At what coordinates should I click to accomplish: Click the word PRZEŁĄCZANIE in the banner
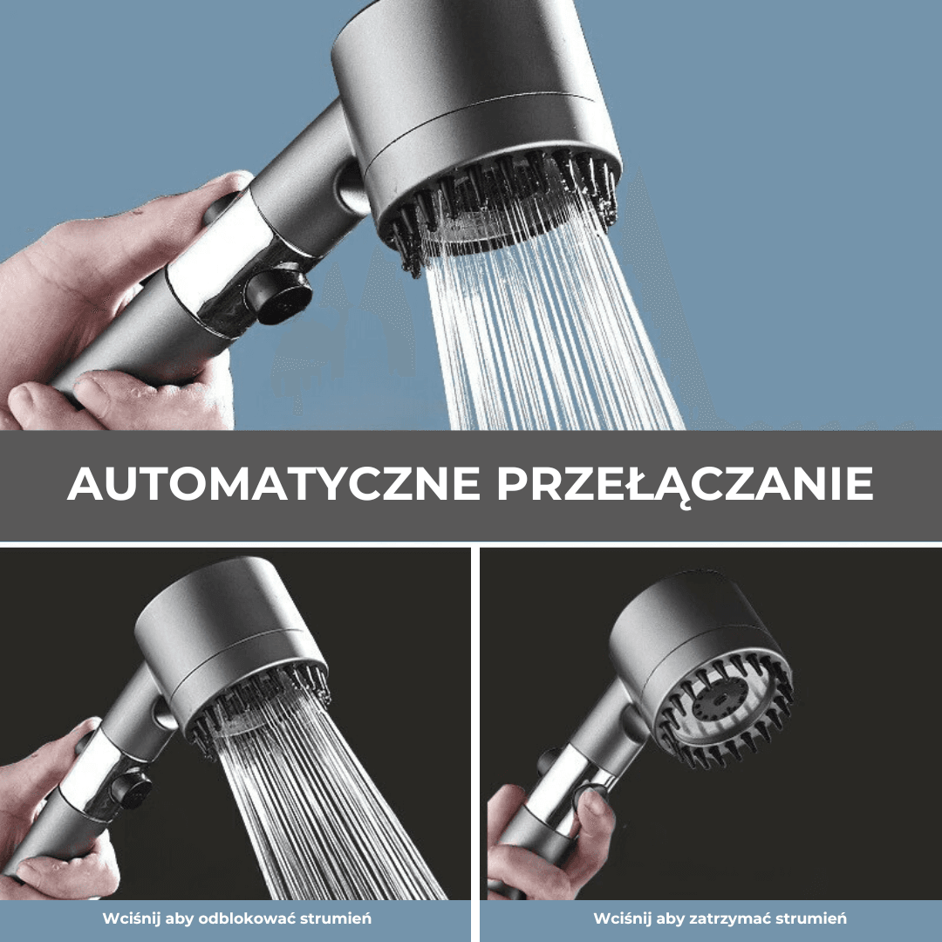(685, 484)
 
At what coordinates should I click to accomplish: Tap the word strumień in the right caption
(811, 918)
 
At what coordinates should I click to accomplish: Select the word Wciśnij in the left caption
(127, 918)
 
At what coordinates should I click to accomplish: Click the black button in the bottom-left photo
(131, 790)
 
